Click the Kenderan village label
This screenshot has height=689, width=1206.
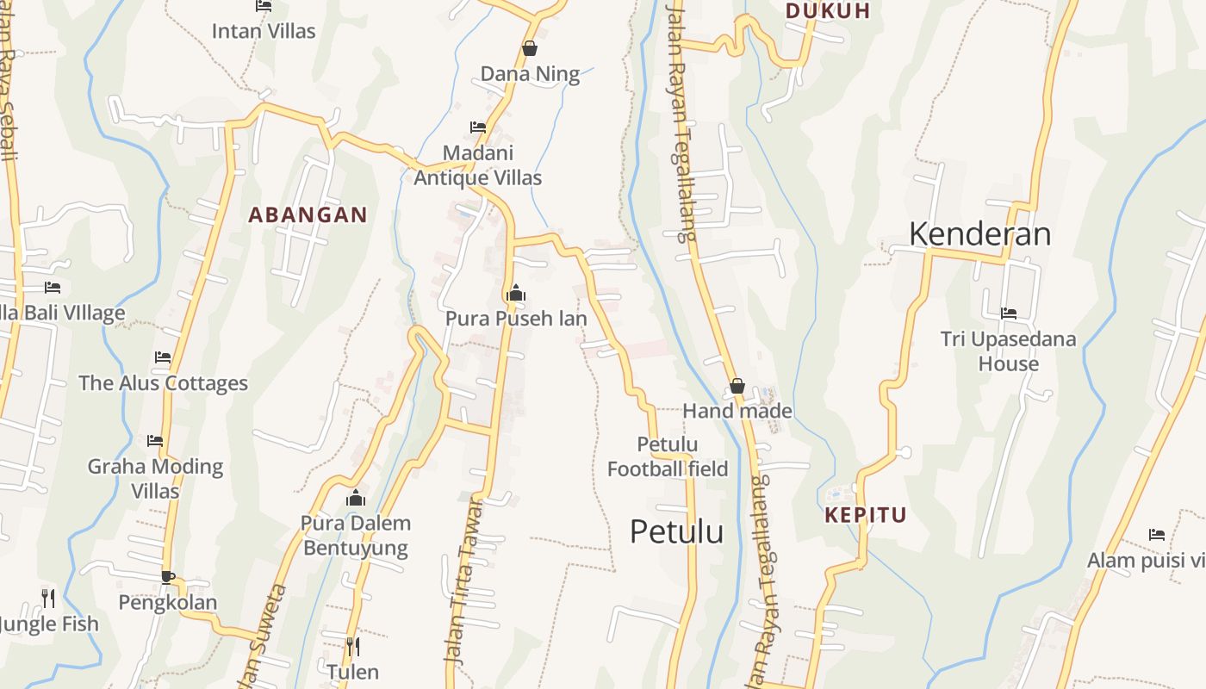(x=979, y=234)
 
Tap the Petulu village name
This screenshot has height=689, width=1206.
(x=676, y=531)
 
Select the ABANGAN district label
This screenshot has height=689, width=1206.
(x=308, y=215)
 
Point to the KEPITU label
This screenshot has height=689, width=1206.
(x=866, y=515)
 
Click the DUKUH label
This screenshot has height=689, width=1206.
(x=828, y=11)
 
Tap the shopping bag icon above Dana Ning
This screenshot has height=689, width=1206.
(x=530, y=48)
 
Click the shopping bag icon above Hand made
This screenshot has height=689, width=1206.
(x=737, y=386)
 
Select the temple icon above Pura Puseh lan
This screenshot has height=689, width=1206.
(x=516, y=294)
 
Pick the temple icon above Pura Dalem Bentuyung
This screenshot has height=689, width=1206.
(x=356, y=498)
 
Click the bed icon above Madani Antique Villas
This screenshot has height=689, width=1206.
(x=478, y=127)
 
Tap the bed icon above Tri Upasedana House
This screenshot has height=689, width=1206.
(x=1008, y=313)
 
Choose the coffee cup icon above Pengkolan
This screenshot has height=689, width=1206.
(x=168, y=577)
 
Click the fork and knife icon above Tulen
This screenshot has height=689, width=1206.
(x=353, y=646)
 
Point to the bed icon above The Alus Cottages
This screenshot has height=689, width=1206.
(x=163, y=357)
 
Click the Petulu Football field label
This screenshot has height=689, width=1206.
(x=668, y=456)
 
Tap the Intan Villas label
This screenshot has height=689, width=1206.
(x=264, y=31)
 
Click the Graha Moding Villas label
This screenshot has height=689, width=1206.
(x=155, y=479)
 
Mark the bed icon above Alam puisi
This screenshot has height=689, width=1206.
(x=1157, y=535)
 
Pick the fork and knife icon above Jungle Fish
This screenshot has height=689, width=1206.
(x=48, y=598)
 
